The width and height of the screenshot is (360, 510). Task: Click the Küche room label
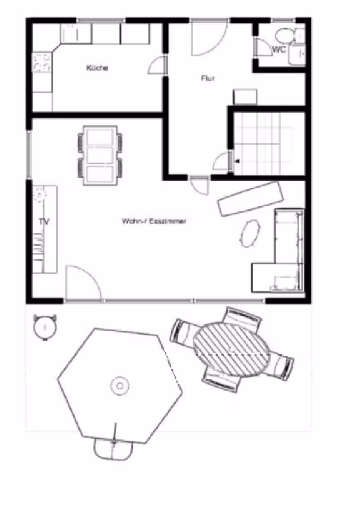[x=97, y=68]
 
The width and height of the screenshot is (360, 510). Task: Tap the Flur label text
[x=208, y=78]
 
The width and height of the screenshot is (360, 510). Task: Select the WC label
[x=279, y=49]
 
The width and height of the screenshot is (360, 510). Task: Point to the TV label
[x=44, y=222]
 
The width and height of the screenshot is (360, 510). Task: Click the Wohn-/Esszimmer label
[x=154, y=221]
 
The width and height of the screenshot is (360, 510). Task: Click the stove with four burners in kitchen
[x=42, y=63]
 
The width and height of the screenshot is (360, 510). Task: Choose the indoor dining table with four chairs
[x=100, y=155]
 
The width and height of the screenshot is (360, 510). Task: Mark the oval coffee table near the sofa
[x=250, y=233]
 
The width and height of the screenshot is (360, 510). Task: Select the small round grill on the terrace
[x=45, y=328]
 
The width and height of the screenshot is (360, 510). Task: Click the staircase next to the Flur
[x=268, y=144]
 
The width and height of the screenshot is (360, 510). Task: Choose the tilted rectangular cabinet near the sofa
[x=250, y=199]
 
